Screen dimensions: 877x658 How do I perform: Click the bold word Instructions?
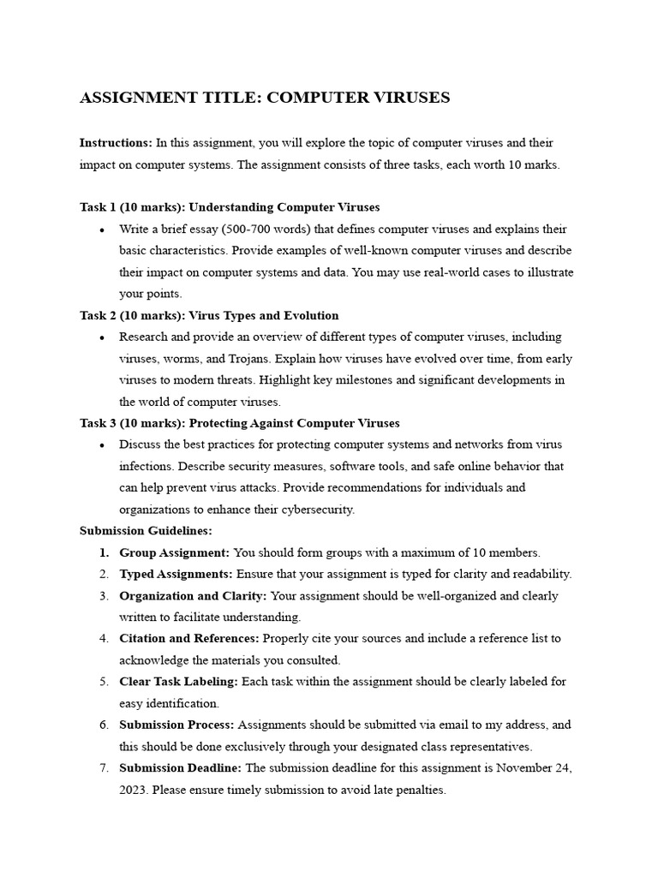coord(116,142)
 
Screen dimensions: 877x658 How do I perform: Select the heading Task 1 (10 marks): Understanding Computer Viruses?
coord(230,207)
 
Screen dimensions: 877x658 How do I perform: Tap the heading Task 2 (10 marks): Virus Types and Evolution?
coord(209,315)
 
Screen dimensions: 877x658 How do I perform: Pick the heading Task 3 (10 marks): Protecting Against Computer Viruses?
coord(239,423)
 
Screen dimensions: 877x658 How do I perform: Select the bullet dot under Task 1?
coord(102,230)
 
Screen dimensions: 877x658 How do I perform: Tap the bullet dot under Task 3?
coord(102,445)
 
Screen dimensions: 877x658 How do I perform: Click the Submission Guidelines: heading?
coord(146,530)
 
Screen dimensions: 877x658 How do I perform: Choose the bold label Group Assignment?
coord(175,552)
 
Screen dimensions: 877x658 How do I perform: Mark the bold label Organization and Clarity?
coord(193,595)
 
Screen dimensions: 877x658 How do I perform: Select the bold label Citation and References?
coord(189,638)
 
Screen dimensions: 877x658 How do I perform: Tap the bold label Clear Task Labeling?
coord(179,682)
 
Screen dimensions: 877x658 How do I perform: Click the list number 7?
coord(103,768)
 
